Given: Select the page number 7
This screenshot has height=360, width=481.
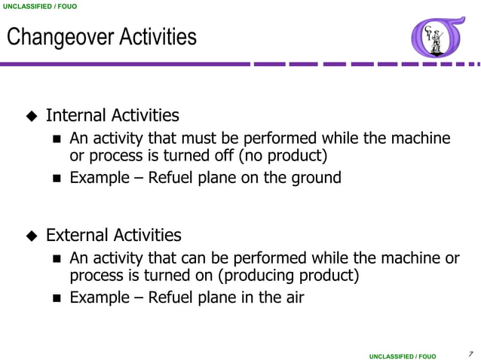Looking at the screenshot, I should (469, 353).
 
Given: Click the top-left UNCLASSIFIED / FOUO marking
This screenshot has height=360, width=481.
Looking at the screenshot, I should (38, 6).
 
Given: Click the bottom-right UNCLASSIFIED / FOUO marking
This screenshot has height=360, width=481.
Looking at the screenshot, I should (402, 355).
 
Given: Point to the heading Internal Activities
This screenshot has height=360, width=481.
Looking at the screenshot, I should (112, 115).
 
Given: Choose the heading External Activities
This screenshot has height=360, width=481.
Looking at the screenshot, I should (114, 235).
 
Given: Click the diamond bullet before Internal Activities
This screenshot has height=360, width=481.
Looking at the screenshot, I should (32, 116).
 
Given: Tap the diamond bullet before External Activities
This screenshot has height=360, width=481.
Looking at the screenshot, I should (32, 236).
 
